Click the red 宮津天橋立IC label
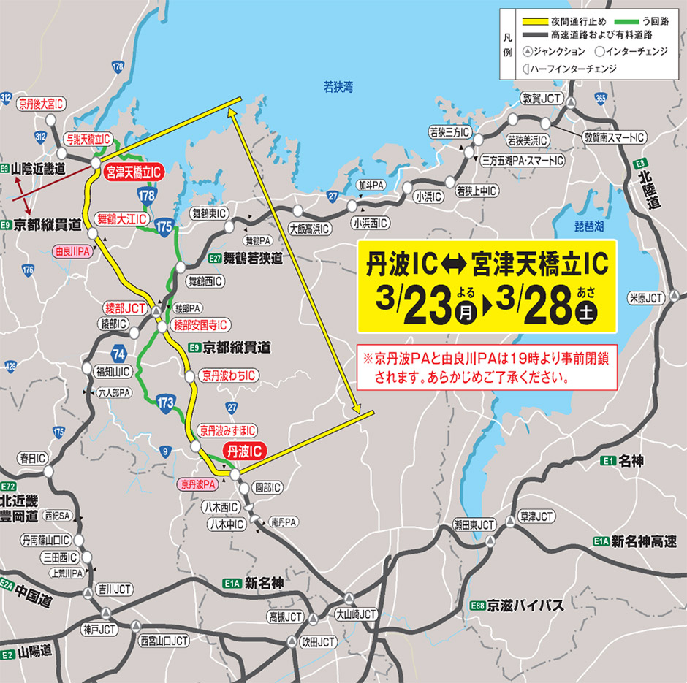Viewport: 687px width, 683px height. coord(132,172)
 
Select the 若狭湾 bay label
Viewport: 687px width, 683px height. coord(338,87)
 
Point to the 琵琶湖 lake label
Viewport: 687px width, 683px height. coord(588,227)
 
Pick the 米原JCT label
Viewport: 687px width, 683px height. coord(645,298)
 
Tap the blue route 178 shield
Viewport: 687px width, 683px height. coord(145,194)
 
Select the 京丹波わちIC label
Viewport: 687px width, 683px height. coord(229,375)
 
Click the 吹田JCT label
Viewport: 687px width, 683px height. coord(319,642)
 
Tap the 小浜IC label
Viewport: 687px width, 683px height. coord(424,196)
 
